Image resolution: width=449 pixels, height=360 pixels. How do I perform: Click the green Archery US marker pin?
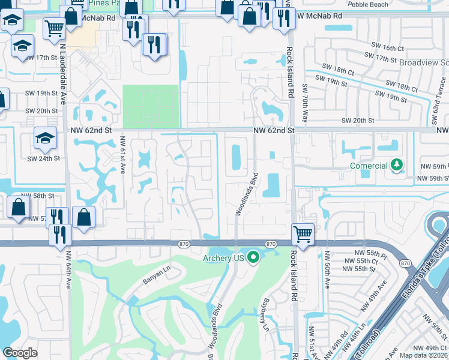[253, 257]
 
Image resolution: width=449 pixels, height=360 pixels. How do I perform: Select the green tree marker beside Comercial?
[396, 164]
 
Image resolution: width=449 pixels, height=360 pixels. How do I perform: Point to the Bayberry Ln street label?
[264, 314]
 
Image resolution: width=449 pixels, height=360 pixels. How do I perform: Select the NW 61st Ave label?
[122, 154]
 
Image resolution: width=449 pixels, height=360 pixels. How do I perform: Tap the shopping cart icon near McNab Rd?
[55, 27]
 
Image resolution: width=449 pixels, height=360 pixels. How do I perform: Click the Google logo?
[20, 352]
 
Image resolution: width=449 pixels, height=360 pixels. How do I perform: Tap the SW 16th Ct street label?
[390, 47]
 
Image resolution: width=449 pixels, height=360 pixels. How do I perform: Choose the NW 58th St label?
[37, 196]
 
